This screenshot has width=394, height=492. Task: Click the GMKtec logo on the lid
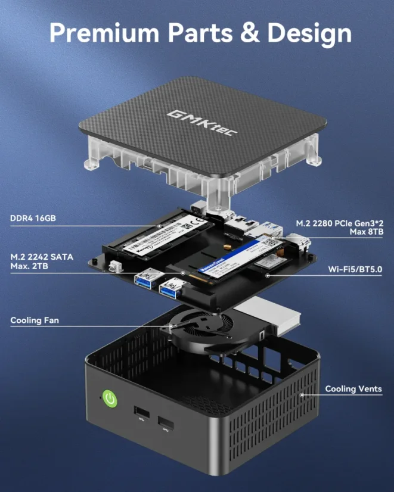click(203, 122)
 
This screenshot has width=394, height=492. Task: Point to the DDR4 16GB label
click(33, 219)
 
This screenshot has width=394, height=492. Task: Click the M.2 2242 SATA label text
click(42, 257)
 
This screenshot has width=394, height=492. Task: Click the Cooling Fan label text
click(35, 320)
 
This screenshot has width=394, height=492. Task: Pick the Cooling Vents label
click(353, 389)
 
